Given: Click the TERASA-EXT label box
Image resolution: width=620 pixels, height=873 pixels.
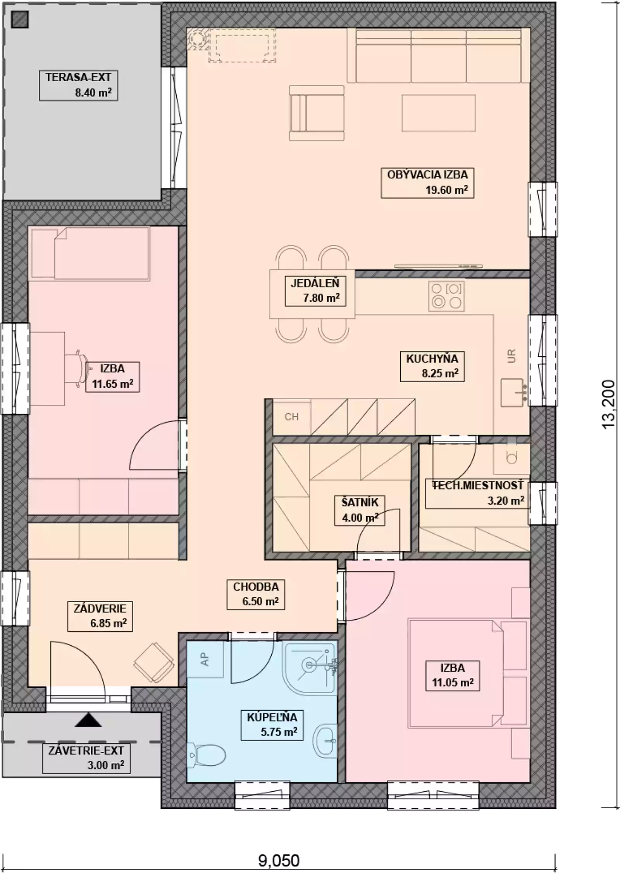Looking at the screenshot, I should (x=78, y=85).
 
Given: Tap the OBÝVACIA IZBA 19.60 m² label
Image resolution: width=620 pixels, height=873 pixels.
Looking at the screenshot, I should (x=427, y=183).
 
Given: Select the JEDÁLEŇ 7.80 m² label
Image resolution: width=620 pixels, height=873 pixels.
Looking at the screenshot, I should (x=315, y=291).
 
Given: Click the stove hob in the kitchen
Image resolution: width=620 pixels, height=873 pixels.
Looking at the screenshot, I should (x=446, y=296).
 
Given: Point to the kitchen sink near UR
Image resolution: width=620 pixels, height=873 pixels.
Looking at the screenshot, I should (x=512, y=393).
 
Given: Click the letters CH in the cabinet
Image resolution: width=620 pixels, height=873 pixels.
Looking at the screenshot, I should (x=291, y=417).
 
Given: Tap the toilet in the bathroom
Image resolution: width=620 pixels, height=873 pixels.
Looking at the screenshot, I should (x=207, y=754).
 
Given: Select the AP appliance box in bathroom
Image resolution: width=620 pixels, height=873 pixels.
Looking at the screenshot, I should (x=205, y=659).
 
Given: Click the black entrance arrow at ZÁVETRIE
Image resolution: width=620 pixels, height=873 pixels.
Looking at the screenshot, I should (x=88, y=720).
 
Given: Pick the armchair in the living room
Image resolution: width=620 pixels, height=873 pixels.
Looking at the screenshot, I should (x=317, y=113).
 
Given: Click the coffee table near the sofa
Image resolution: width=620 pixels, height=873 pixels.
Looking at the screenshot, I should (x=438, y=113).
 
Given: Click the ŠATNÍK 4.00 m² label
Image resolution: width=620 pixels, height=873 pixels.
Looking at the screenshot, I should (x=360, y=510).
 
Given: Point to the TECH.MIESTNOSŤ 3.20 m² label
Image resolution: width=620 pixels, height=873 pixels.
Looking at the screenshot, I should (x=477, y=493).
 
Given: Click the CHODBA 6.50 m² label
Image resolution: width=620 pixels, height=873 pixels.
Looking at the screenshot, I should (x=256, y=594).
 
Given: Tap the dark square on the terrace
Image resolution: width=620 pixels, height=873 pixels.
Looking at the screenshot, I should (x=20, y=19).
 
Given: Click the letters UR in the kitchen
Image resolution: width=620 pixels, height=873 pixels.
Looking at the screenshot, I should (x=511, y=356).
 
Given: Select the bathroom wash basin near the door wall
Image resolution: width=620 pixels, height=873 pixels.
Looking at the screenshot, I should (x=324, y=741).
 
